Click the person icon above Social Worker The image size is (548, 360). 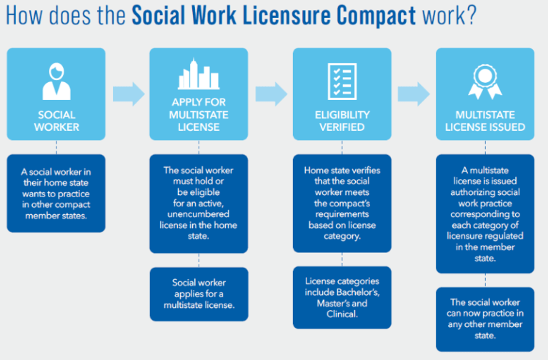[x=56, y=81]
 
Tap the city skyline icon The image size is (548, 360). [x=199, y=78]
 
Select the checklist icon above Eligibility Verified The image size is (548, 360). [x=342, y=81]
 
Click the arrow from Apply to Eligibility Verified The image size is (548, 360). [x=271, y=93]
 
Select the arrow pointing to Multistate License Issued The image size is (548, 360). [x=414, y=93]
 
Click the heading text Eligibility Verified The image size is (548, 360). [x=342, y=121]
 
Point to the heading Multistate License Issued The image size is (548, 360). [x=485, y=121]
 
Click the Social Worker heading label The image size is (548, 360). [x=56, y=121]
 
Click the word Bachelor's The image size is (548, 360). [x=364, y=293]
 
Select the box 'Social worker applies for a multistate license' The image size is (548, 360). [x=199, y=294]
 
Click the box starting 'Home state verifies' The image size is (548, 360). [x=342, y=203]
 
